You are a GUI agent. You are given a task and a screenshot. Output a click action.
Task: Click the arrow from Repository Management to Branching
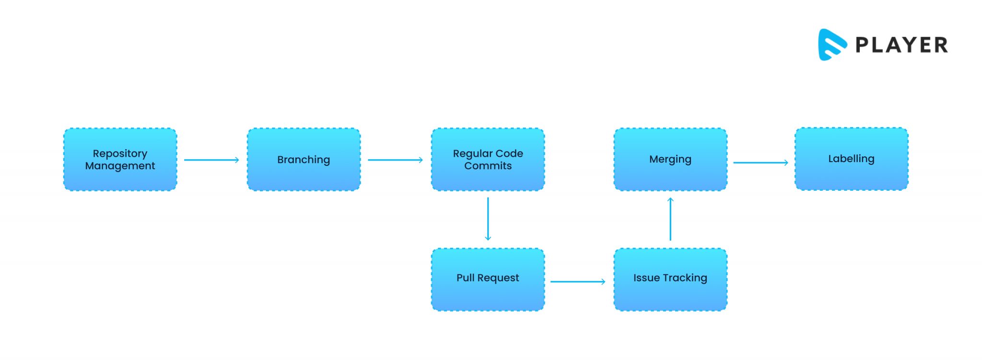pyautogui.click(x=211, y=160)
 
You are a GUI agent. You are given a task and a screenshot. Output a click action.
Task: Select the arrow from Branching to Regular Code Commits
pyautogui.click(x=395, y=160)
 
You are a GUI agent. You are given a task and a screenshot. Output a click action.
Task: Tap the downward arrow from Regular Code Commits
pyautogui.click(x=488, y=219)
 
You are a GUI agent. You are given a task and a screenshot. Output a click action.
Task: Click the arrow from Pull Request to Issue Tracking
pyautogui.click(x=577, y=282)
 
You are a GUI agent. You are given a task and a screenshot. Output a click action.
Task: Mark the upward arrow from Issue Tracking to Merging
pyautogui.click(x=670, y=219)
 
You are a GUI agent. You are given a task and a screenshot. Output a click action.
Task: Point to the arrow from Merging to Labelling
pyautogui.click(x=760, y=163)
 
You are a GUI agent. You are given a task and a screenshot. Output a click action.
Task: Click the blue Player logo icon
pyautogui.click(x=831, y=45)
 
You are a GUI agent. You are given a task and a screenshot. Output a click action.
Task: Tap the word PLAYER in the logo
pyautogui.click(x=901, y=45)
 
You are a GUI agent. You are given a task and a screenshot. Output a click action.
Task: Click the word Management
pyautogui.click(x=120, y=166)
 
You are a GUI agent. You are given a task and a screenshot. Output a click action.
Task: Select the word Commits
pyautogui.click(x=488, y=166)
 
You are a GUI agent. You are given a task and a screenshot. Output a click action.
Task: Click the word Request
pyautogui.click(x=498, y=278)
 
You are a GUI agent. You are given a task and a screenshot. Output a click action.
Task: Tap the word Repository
pyautogui.click(x=120, y=154)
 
